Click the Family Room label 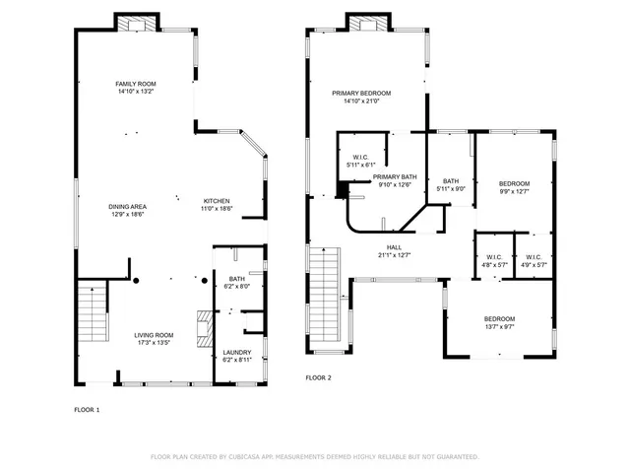click(x=136, y=84)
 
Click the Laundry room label click(x=236, y=352)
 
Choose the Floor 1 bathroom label click(x=236, y=279)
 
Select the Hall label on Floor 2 click(x=394, y=247)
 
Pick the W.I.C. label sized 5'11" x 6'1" click(x=360, y=158)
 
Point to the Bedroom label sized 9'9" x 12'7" click(x=514, y=183)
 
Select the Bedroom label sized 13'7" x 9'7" click(x=498, y=319)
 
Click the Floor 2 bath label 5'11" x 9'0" click(x=451, y=181)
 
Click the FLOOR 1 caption click(x=87, y=409)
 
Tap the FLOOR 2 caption click(x=318, y=377)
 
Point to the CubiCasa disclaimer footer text click(x=314, y=457)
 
